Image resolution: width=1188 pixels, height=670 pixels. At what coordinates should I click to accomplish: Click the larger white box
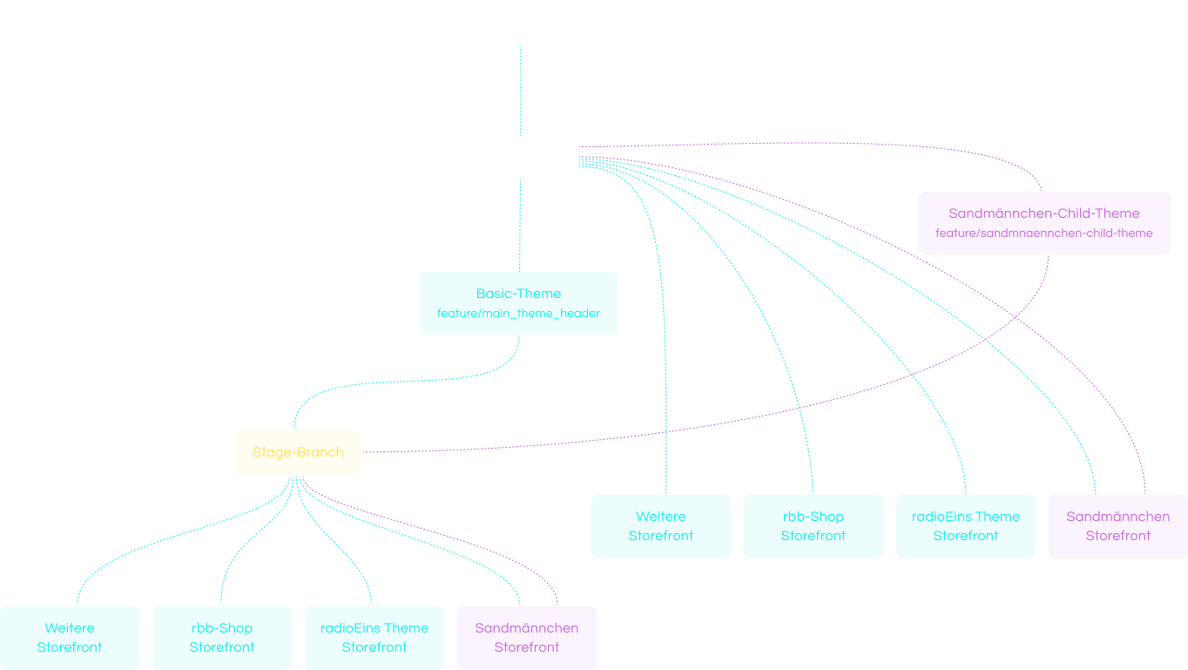pyautogui.click(x=518, y=22)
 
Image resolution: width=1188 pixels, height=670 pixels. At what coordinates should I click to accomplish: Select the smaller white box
pyautogui.click(x=518, y=158)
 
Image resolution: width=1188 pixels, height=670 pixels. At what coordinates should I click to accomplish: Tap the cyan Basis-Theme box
pyautogui.click(x=518, y=303)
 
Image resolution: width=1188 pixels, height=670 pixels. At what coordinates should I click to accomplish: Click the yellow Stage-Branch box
pyautogui.click(x=298, y=452)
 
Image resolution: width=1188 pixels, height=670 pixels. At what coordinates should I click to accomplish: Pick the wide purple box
pyautogui.click(x=1043, y=223)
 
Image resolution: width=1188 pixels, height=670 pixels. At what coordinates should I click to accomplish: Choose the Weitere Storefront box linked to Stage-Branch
pyautogui.click(x=70, y=638)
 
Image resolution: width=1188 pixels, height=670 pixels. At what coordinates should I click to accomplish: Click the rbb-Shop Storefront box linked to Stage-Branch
pyautogui.click(x=222, y=638)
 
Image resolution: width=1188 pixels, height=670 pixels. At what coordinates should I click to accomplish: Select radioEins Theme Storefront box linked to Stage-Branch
pyautogui.click(x=375, y=638)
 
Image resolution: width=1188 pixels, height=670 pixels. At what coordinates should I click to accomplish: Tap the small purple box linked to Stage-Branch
pyautogui.click(x=527, y=638)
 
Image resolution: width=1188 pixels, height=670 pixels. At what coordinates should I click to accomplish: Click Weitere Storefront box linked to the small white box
pyautogui.click(x=661, y=526)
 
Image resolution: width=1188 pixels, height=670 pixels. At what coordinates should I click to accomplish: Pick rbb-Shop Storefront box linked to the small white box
pyautogui.click(x=813, y=526)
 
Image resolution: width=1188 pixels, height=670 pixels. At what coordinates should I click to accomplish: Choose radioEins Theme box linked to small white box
pyautogui.click(x=966, y=526)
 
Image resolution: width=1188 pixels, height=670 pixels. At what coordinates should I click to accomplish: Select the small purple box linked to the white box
pyautogui.click(x=1118, y=526)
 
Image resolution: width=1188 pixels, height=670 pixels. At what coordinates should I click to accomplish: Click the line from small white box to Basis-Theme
pyautogui.click(x=520, y=227)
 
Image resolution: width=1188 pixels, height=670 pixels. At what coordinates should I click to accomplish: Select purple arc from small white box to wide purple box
pyautogui.click(x=871, y=146)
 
